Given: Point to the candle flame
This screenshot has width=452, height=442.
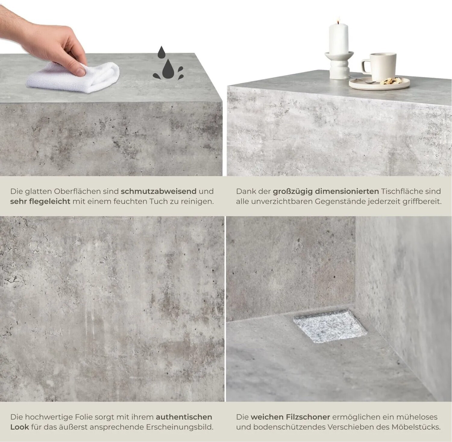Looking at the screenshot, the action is point(339,20).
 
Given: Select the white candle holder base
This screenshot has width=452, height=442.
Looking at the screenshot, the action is point(339,65).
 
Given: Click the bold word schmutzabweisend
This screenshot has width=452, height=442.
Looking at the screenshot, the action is point(159,191).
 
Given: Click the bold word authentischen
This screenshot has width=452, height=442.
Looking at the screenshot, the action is point(184,417).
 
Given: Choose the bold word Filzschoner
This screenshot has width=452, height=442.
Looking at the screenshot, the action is point(290,417).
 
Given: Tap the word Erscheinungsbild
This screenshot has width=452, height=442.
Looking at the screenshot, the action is point(180,427).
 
